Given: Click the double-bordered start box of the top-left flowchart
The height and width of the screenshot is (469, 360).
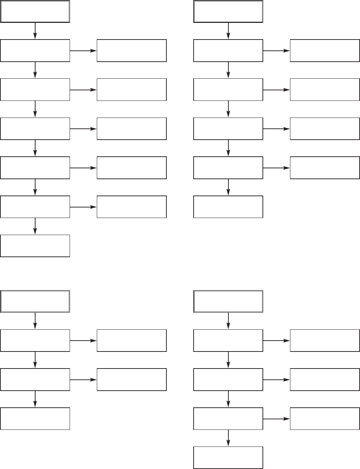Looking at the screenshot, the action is click(35, 12).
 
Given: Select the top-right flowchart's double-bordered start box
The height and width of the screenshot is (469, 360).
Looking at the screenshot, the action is click(228, 12).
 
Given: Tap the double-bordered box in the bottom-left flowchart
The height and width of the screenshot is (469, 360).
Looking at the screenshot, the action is click(35, 301).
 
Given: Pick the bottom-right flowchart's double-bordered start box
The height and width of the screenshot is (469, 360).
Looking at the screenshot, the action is click(228, 301).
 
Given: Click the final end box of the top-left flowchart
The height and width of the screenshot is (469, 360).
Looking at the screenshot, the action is click(35, 246).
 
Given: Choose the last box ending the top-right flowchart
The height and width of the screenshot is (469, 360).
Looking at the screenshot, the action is click(228, 207).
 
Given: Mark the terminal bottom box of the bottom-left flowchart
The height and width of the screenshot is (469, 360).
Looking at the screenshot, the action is click(35, 419).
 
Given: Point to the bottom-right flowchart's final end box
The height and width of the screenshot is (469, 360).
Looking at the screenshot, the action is click(228, 458).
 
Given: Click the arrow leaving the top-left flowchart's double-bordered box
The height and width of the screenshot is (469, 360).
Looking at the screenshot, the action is click(35, 31).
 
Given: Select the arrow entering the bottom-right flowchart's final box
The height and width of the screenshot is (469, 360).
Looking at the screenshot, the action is click(228, 438).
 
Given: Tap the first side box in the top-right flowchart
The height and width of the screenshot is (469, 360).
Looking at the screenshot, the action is click(325, 51).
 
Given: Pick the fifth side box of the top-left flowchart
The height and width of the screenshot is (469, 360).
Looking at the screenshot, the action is click(132, 207).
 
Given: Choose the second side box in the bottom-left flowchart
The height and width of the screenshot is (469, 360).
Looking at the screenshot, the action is click(132, 379).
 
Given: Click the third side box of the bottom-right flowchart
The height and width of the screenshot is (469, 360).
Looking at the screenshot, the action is click(325, 419).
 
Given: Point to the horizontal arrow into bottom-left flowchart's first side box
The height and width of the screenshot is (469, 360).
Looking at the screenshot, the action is click(83, 341).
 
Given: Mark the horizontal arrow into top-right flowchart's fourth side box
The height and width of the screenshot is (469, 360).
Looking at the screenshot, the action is click(277, 168).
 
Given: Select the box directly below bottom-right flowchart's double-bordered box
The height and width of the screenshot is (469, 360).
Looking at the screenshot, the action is click(228, 341).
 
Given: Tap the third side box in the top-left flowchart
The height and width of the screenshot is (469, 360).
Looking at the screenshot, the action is click(132, 129).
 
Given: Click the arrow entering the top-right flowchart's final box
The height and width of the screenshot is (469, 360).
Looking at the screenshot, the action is click(228, 187).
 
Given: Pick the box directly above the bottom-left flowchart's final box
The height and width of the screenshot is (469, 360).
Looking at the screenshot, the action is click(35, 379).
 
